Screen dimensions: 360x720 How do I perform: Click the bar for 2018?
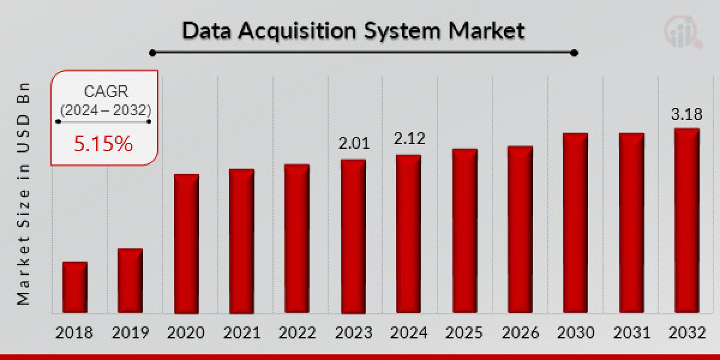75,287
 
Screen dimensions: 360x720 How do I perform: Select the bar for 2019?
130,281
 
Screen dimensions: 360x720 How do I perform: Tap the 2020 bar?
186,244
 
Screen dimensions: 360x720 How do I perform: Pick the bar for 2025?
464,231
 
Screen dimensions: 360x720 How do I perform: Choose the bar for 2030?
575,223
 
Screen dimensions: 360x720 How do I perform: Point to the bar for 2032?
686,221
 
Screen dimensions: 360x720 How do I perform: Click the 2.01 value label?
353,143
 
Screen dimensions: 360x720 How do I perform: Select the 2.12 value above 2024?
409,139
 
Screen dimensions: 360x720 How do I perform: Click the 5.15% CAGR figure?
103,143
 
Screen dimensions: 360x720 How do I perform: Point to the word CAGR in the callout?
105,92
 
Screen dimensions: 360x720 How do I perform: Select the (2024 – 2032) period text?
105,110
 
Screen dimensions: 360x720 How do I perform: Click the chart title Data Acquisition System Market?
353,31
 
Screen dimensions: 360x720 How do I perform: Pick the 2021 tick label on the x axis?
241,333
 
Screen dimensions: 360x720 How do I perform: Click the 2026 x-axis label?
520,333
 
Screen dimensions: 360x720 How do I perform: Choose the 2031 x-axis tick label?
631,333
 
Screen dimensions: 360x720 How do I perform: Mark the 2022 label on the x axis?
297,333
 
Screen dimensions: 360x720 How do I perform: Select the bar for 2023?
353,236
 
